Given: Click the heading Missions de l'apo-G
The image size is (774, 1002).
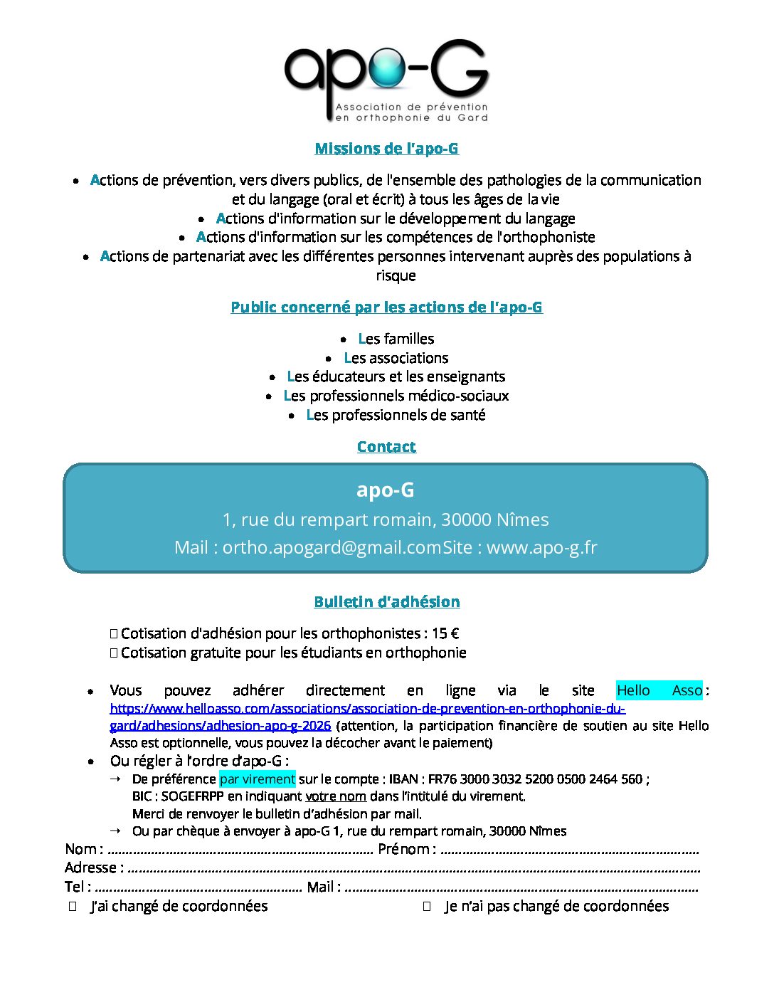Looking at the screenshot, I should [x=386, y=149].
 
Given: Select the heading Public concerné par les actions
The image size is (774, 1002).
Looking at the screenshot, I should [x=386, y=307].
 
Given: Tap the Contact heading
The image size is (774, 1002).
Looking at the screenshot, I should [x=386, y=447].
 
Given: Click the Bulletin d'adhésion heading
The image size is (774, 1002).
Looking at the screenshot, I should [x=386, y=602].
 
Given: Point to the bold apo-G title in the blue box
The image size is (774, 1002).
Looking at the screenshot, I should [x=385, y=490].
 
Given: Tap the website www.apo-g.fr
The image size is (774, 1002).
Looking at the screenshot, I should [x=541, y=547].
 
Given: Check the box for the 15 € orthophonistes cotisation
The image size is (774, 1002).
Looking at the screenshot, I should [x=114, y=633].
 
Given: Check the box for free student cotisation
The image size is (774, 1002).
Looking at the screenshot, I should [x=114, y=653].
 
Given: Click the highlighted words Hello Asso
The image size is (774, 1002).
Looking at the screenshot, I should [x=659, y=690].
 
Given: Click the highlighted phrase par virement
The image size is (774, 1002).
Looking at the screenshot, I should [x=257, y=779].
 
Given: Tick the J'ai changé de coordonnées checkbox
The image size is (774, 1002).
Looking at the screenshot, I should [x=73, y=907].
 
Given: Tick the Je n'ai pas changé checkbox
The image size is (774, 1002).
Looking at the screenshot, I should [x=427, y=907].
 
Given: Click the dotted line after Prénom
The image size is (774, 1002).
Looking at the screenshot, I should [x=569, y=850].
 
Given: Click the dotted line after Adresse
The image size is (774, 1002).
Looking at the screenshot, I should [x=413, y=869].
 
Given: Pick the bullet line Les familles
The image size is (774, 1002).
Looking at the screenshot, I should [x=396, y=339].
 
